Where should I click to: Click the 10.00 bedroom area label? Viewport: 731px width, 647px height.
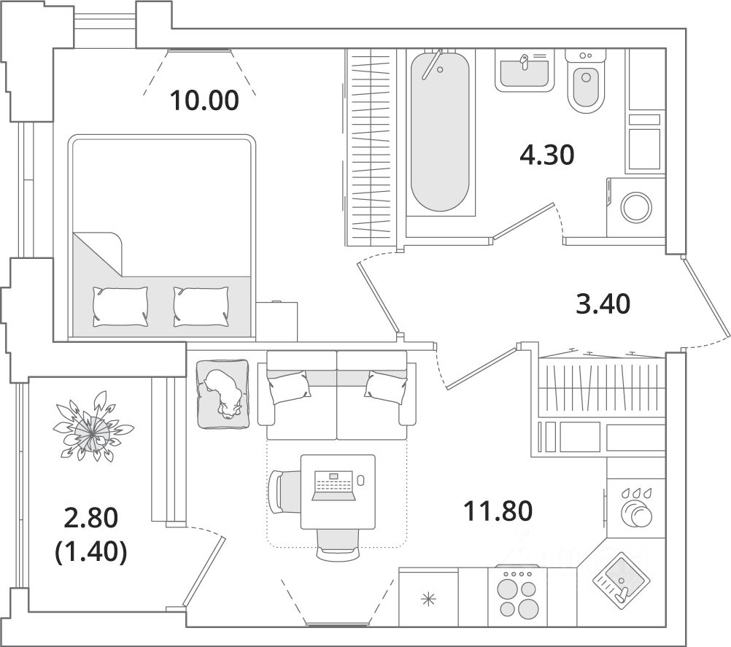point(204,100)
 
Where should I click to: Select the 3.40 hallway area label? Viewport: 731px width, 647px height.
point(602,303)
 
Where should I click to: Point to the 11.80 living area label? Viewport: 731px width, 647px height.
point(499,510)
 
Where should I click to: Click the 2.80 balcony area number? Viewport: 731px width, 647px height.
point(91,519)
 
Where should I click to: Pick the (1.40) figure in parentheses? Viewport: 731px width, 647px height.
point(91,553)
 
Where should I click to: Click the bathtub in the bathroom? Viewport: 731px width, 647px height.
point(439,131)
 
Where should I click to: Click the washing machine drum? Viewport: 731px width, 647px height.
point(635,207)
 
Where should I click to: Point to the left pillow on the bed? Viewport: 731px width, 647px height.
point(120,306)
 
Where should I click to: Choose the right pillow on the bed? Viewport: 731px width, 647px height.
point(200,306)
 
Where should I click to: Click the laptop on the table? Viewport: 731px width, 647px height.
point(334,486)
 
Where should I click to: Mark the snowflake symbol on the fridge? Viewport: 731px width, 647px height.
point(428,600)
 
